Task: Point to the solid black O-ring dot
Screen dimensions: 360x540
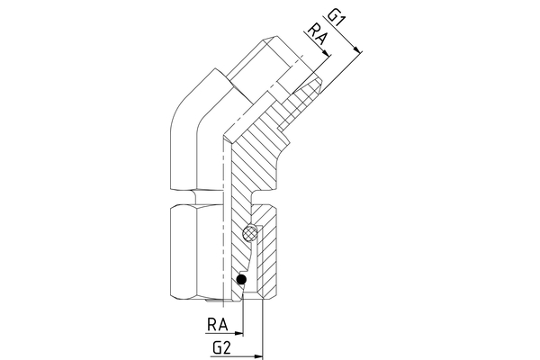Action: coord(241,285)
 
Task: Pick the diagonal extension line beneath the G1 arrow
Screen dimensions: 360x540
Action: coord(337,72)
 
